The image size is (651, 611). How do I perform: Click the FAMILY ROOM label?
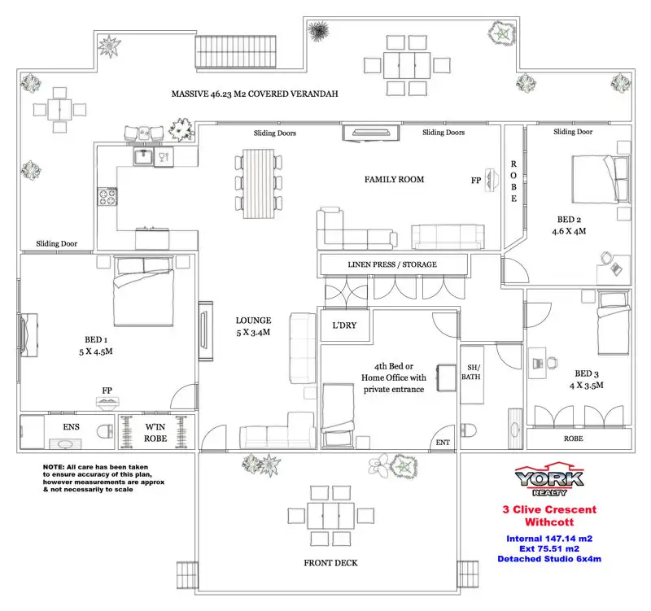point(394,179)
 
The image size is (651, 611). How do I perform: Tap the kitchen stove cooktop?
point(107,196)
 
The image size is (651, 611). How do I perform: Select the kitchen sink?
point(144,157)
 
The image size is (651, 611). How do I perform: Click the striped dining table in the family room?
point(258,184)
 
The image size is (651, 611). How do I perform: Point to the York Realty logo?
point(549,479)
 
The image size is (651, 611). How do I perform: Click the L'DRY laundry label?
point(344,325)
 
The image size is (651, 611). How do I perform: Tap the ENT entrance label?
point(443,443)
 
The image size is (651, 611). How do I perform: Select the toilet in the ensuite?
point(105,431)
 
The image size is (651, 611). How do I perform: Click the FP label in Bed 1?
point(107,391)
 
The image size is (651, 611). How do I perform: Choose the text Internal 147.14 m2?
point(549,539)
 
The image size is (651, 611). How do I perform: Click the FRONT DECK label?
point(330,563)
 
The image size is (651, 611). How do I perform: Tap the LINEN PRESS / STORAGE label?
point(392,264)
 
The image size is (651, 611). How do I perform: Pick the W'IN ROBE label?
point(155,433)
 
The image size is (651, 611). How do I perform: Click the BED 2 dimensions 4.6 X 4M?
point(569,231)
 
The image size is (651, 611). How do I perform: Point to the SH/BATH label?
point(471,373)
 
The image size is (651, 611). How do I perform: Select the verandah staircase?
point(236,52)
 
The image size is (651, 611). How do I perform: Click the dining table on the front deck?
point(331,516)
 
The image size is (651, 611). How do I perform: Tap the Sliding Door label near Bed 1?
point(56,243)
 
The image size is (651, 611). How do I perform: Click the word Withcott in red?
point(549,522)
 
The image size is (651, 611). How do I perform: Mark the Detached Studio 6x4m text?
point(549,559)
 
